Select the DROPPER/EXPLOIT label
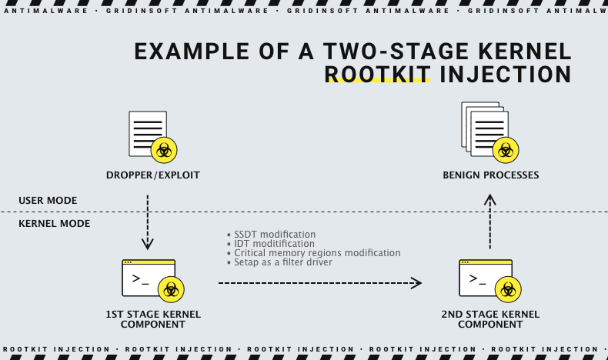click(x=152, y=175)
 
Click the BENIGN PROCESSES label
click(x=490, y=175)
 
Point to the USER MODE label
click(x=48, y=201)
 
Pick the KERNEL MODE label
click(x=54, y=224)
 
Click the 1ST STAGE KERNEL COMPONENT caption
click(x=152, y=319)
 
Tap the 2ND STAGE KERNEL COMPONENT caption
click(x=490, y=319)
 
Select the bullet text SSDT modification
click(x=274, y=234)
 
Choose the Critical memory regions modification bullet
click(x=316, y=252)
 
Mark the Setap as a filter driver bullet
click(x=282, y=262)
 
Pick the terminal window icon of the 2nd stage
click(x=482, y=278)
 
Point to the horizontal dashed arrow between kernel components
click(x=319, y=283)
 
